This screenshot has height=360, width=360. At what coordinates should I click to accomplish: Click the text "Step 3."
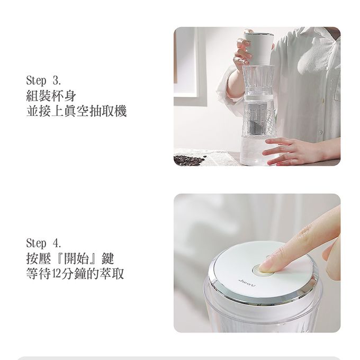pyautogui.click(x=44, y=81)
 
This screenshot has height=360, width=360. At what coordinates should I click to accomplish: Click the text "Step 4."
pyautogui.click(x=44, y=243)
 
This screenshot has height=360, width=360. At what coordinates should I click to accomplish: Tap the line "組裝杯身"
pyautogui.click(x=51, y=96)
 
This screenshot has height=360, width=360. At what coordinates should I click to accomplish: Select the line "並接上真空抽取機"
pyautogui.click(x=76, y=112)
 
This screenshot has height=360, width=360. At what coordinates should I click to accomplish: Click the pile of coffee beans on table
pyautogui.click(x=190, y=159)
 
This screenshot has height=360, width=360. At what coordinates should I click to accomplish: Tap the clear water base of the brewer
pyautogui.click(x=257, y=151)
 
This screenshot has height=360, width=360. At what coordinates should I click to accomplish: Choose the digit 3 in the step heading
pyautogui.click(x=57, y=81)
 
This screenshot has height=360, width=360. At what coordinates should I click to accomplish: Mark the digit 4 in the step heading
pyautogui.click(x=57, y=243)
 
